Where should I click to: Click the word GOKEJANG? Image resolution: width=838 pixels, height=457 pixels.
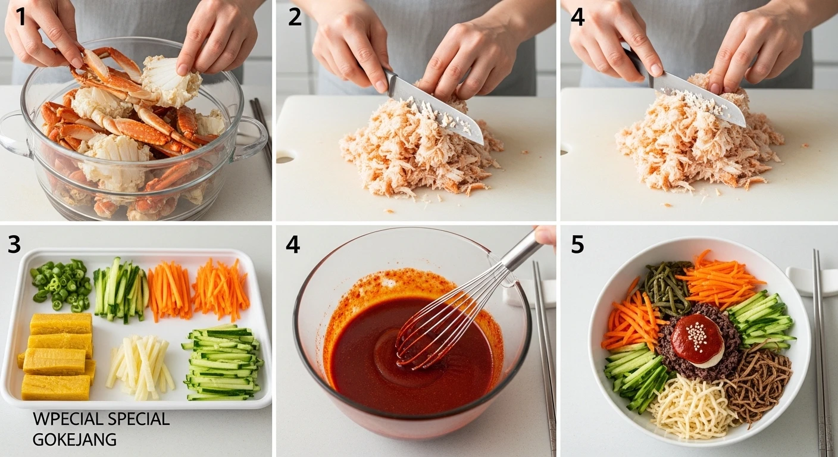click(x=74, y=439)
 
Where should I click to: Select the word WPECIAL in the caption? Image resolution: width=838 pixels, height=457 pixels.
click(x=65, y=419)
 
